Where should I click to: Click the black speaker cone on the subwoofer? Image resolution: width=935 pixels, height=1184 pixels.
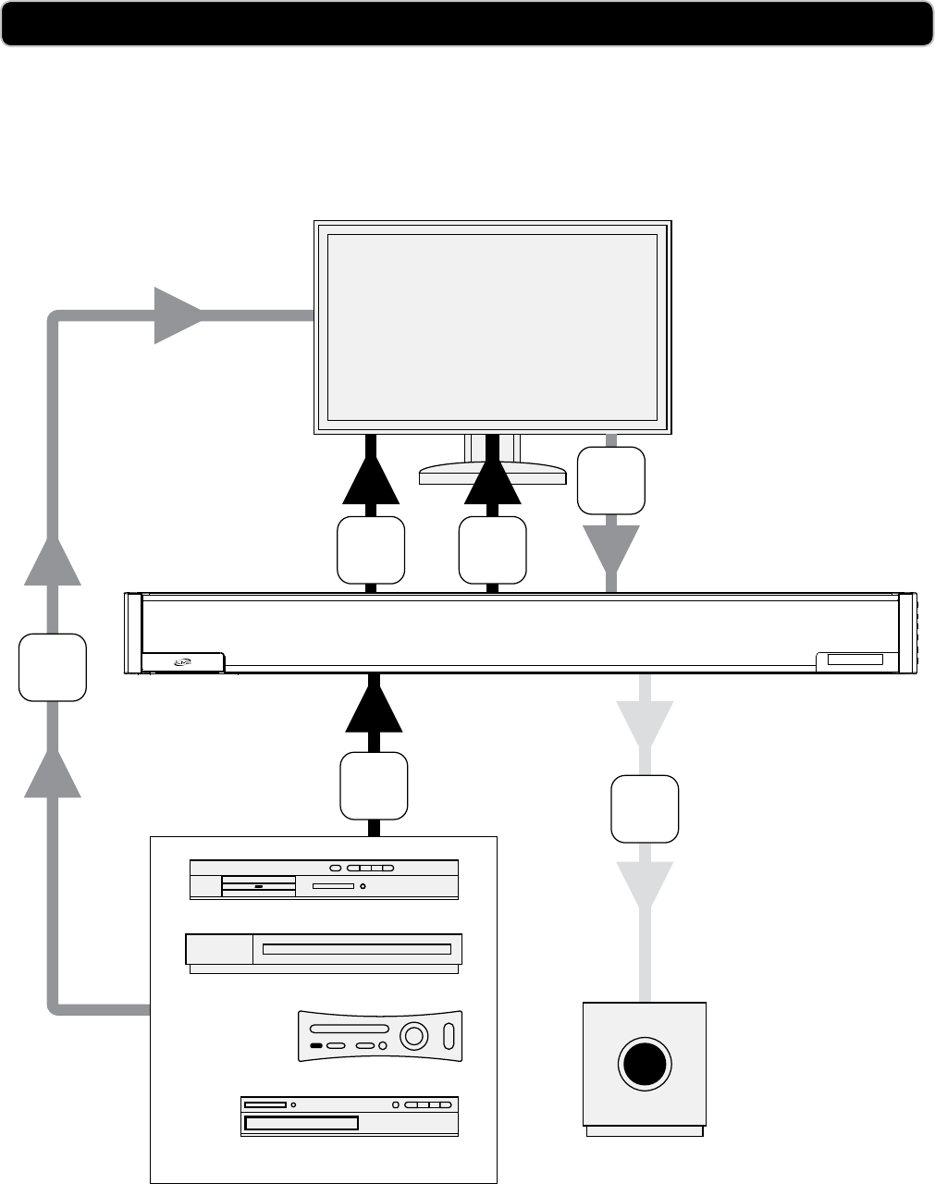pos(645,1063)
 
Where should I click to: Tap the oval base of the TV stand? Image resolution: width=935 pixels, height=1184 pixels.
pos(492,474)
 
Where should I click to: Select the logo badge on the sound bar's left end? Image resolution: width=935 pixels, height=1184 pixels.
pos(182,661)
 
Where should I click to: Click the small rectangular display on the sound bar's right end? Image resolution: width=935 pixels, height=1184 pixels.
pos(855,660)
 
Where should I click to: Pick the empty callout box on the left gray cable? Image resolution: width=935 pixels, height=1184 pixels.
pos(53,667)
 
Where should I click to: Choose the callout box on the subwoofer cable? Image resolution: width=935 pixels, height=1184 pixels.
pos(645,809)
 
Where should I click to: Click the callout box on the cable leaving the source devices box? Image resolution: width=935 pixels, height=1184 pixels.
pos(374,786)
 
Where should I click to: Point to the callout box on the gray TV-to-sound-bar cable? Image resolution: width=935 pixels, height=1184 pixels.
pos(610,480)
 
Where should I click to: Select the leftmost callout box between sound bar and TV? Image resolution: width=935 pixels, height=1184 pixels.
pos(371,550)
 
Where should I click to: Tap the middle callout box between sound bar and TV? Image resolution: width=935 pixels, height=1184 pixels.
pos(493,550)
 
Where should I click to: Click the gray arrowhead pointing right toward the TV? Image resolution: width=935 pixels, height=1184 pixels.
pos(178,315)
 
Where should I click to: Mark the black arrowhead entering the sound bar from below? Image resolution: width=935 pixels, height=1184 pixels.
pos(374,705)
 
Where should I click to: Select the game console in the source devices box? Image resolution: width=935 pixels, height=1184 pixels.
pos(379,1035)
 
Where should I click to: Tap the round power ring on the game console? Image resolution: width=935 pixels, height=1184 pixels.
pos(414,1036)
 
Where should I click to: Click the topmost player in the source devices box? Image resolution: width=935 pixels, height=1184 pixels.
pos(324,879)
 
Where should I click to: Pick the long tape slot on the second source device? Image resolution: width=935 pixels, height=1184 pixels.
pos(356,949)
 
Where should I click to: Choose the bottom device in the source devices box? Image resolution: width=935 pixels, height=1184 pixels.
pos(350,1116)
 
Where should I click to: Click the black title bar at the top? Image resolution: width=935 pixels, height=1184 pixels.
pos(467,23)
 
